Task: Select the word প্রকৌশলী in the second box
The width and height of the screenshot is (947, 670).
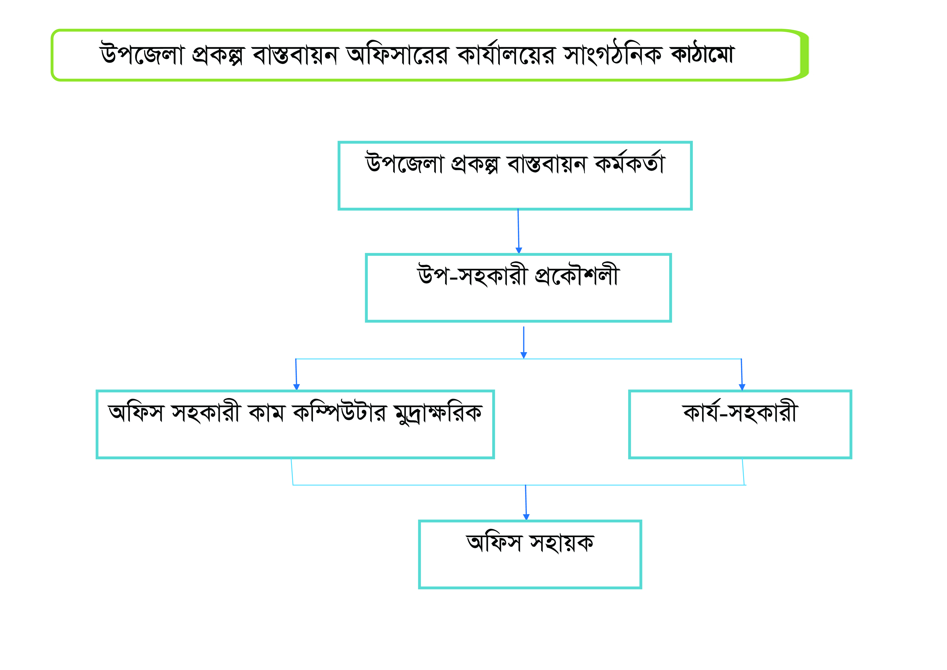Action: click(x=577, y=274)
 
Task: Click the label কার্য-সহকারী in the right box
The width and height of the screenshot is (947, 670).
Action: click(x=740, y=411)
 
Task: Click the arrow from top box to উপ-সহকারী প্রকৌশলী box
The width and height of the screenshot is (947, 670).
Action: click(x=518, y=231)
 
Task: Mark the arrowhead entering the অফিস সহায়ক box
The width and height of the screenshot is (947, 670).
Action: click(x=526, y=517)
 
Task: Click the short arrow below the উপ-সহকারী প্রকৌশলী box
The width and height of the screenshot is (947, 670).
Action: click(x=524, y=342)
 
